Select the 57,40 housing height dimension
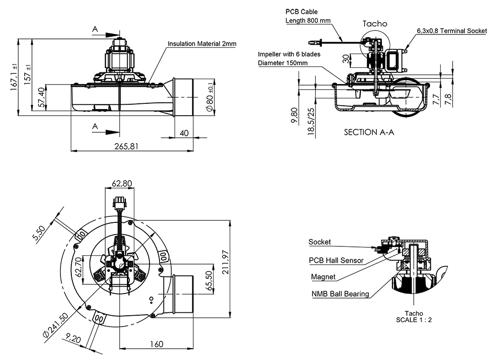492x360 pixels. pos(43,98)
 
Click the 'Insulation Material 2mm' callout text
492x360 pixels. pos(202,44)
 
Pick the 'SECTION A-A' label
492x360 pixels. pos(369,132)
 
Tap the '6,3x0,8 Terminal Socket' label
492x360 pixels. pos(452,30)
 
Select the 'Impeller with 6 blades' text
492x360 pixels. pos(289,54)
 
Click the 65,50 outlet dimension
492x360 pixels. pos(210,281)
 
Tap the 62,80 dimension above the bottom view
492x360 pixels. pos(123,184)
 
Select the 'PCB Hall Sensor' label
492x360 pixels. pos(336,261)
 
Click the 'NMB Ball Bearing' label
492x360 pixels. pos(340,294)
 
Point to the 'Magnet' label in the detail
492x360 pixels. pos(323,277)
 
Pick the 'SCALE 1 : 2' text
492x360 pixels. pos(414,320)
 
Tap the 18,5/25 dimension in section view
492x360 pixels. pos(310,121)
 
